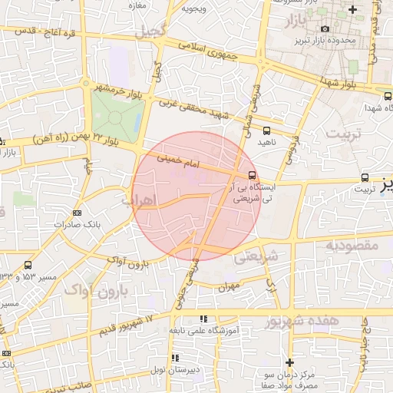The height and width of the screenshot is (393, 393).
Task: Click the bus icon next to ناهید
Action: [266, 131]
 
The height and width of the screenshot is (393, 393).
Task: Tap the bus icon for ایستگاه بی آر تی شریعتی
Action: [253, 175]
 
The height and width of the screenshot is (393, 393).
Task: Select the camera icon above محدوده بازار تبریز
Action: [325, 29]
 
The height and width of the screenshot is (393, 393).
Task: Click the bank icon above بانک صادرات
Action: [76, 213]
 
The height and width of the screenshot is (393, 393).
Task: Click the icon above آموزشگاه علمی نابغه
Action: [203, 318]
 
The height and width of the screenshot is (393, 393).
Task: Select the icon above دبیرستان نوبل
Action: [176, 358]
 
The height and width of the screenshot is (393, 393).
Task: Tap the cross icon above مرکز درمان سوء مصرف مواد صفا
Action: [289, 362]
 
